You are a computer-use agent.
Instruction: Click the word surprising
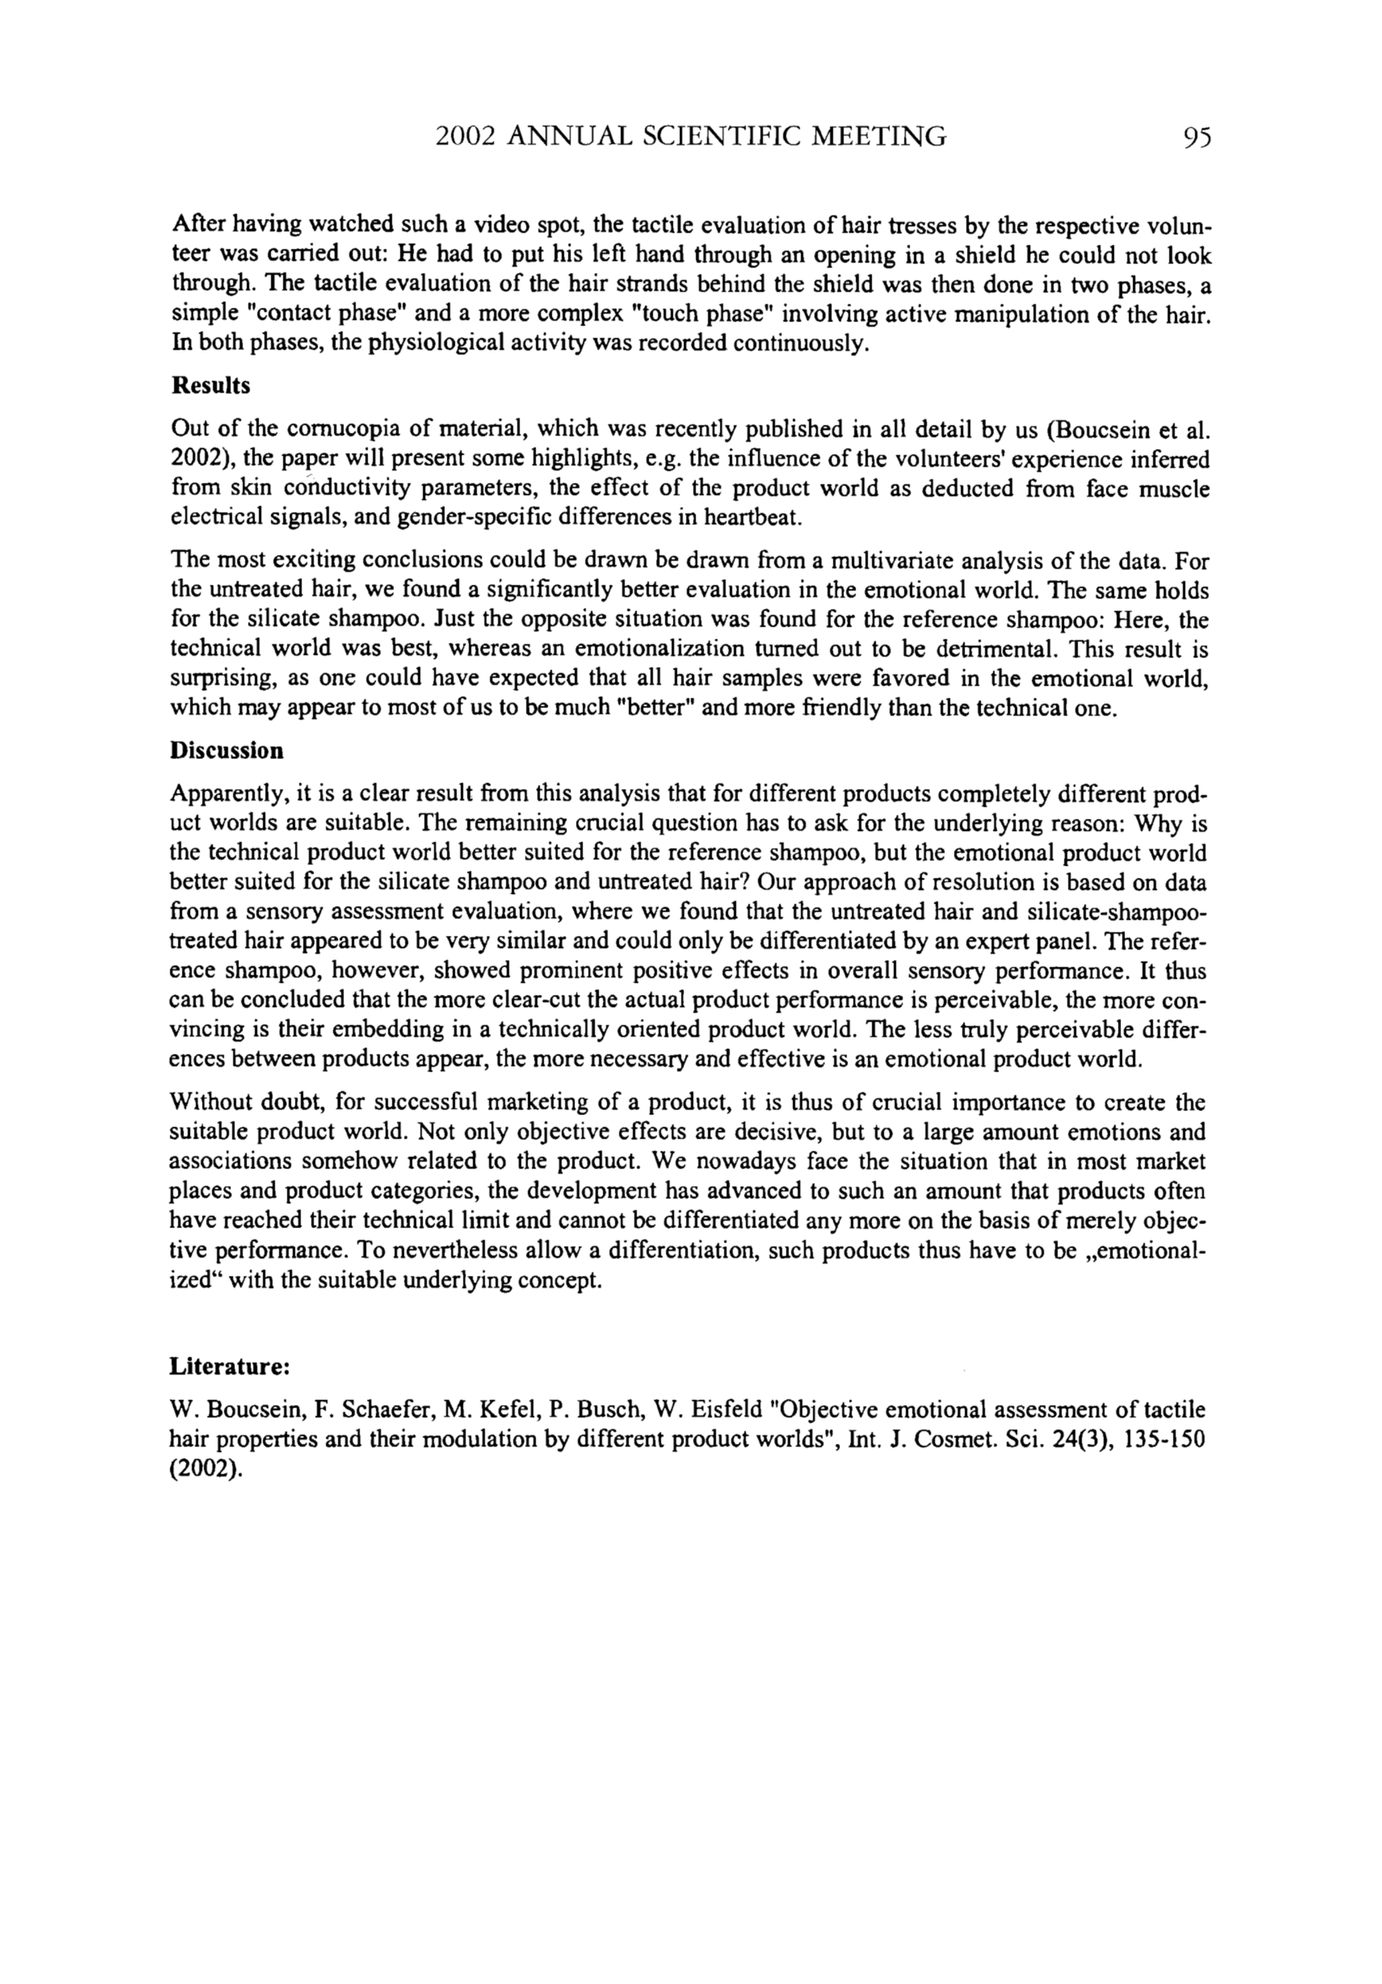(221, 678)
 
